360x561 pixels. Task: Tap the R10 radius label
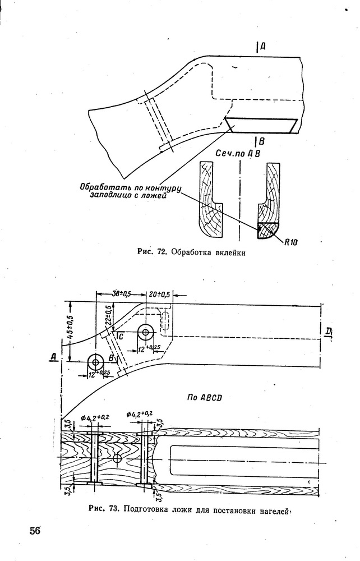coord(292,242)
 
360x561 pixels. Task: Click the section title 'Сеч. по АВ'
coord(238,154)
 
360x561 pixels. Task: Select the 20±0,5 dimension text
coord(160,295)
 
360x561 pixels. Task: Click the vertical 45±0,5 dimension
coord(70,327)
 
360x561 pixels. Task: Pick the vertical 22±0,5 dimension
coord(109,315)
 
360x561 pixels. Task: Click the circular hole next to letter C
coord(145,332)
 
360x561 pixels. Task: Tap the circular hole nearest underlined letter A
coord(95,362)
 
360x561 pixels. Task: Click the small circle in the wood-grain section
coord(117,458)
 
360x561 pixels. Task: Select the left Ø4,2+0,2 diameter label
coord(95,417)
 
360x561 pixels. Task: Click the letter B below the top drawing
coord(261,142)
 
